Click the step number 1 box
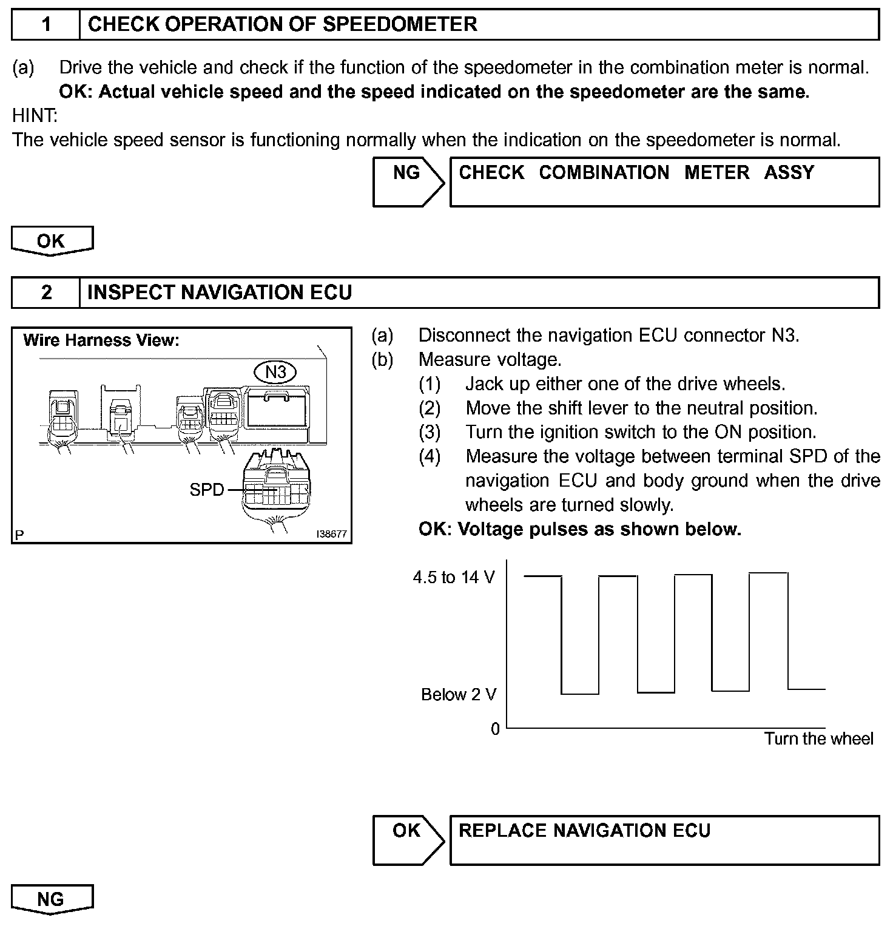(x=46, y=25)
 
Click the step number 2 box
(x=46, y=293)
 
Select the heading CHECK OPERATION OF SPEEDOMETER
(x=282, y=25)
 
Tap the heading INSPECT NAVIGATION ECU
(x=220, y=293)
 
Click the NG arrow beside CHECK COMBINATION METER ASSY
(x=408, y=181)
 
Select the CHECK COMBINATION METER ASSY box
(x=664, y=181)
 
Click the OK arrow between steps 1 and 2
(x=52, y=241)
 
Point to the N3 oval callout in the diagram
(x=275, y=371)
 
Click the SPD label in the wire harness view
(x=206, y=490)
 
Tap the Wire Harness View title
(x=101, y=340)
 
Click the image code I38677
(x=331, y=535)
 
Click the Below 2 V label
(x=459, y=695)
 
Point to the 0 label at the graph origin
(x=495, y=728)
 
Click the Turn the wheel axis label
(x=818, y=739)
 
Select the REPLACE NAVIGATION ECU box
(x=664, y=839)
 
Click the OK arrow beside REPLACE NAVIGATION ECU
(x=408, y=839)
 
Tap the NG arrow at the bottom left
(x=52, y=899)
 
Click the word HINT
(x=34, y=115)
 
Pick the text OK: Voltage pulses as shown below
(x=579, y=530)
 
